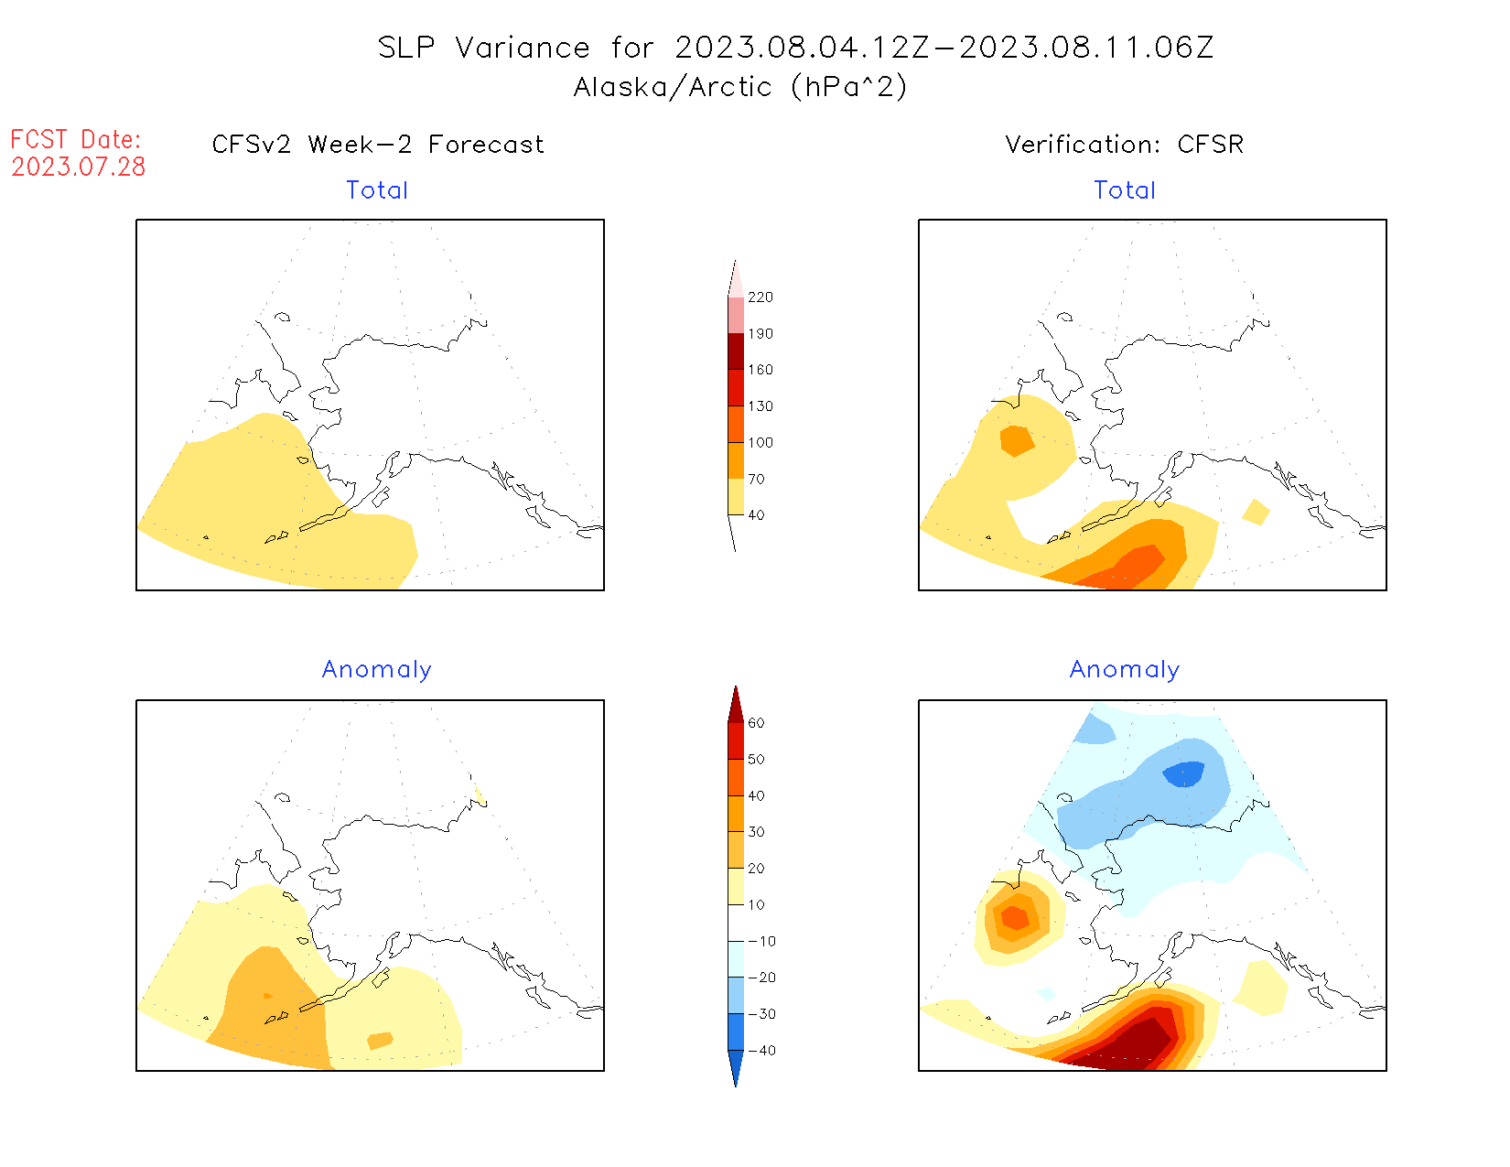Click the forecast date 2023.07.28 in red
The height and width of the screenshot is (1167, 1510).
point(79,167)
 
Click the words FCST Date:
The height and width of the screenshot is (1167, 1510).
point(76,139)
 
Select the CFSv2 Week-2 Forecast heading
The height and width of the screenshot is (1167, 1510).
point(378,145)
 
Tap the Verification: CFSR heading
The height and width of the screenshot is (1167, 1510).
point(1124,145)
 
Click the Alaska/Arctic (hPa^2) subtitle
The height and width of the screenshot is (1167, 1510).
point(740,87)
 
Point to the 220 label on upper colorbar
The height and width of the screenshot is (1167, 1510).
point(760,297)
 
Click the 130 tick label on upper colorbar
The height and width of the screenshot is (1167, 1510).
point(760,406)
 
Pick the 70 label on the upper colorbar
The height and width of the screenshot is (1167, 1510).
point(757,479)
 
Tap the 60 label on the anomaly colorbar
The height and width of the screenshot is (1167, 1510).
point(757,723)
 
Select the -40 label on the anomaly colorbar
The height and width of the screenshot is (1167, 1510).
point(760,1051)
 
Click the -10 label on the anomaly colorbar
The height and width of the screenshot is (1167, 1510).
point(760,941)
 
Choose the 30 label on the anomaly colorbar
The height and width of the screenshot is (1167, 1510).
point(757,832)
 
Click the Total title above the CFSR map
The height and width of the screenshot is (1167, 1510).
point(1125,190)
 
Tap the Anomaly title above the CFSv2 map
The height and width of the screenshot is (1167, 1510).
point(376,670)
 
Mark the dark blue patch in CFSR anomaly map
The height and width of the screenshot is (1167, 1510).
point(1184,774)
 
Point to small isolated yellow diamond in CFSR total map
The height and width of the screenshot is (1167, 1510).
point(1257,513)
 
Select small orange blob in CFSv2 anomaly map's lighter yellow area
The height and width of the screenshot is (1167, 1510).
point(380,1041)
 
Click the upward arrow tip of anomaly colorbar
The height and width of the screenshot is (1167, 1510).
point(736,688)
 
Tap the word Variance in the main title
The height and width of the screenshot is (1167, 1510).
point(523,48)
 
